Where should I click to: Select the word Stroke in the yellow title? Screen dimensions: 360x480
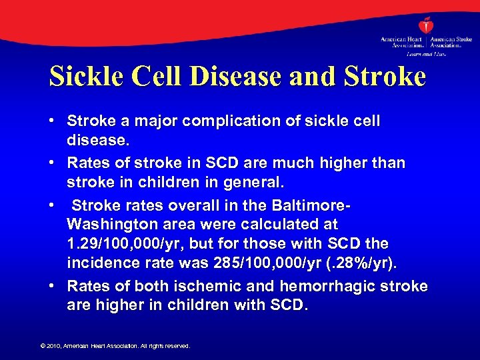(386, 77)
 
